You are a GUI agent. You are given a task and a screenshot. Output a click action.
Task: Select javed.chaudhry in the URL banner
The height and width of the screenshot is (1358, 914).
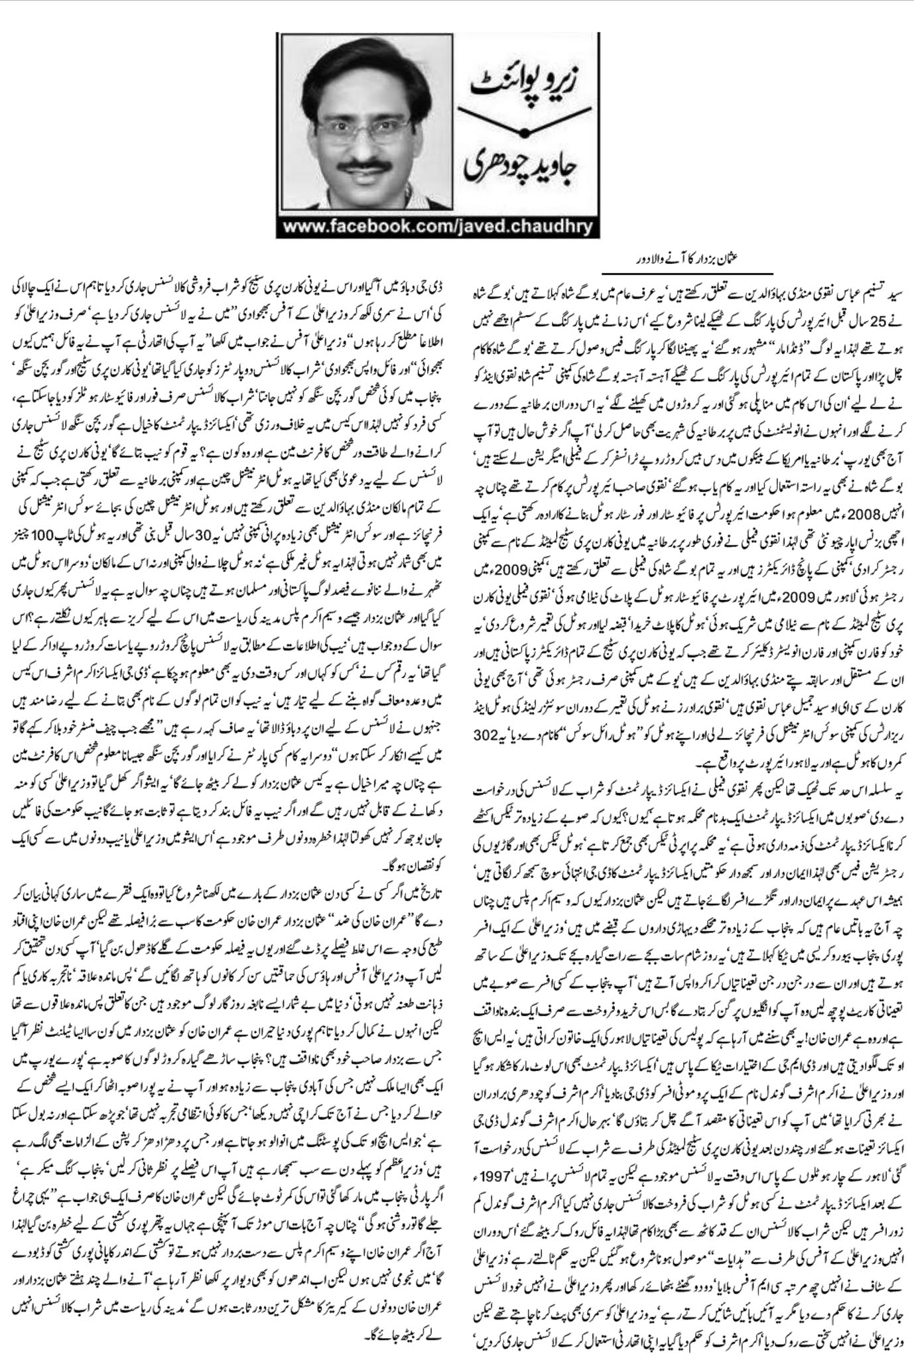[514, 228]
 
